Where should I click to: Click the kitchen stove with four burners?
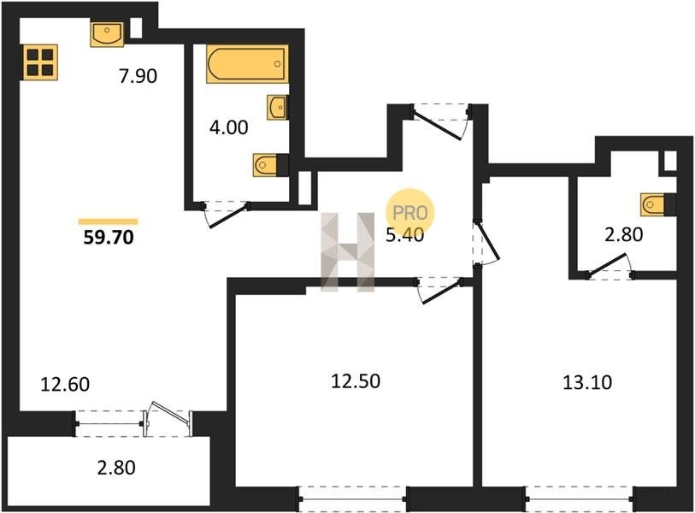coord(39,62)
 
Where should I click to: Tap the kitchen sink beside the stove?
coord(107,33)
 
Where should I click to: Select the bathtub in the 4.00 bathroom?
coord(247,64)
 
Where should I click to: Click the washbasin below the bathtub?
coord(278,107)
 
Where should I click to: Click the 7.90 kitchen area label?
coord(138,76)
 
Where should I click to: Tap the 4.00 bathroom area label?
coord(229,127)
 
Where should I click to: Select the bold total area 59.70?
coord(109,238)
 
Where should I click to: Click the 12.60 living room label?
coord(65,384)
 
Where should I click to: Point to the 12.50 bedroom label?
coord(356,381)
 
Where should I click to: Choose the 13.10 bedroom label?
coord(587,382)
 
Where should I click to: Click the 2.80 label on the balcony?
coord(116,468)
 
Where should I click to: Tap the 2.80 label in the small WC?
coord(624,234)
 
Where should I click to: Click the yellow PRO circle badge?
coord(410,212)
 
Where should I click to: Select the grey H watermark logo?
coord(348,252)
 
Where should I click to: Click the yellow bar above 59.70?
coord(109,221)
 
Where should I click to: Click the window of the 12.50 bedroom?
coord(353,499)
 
